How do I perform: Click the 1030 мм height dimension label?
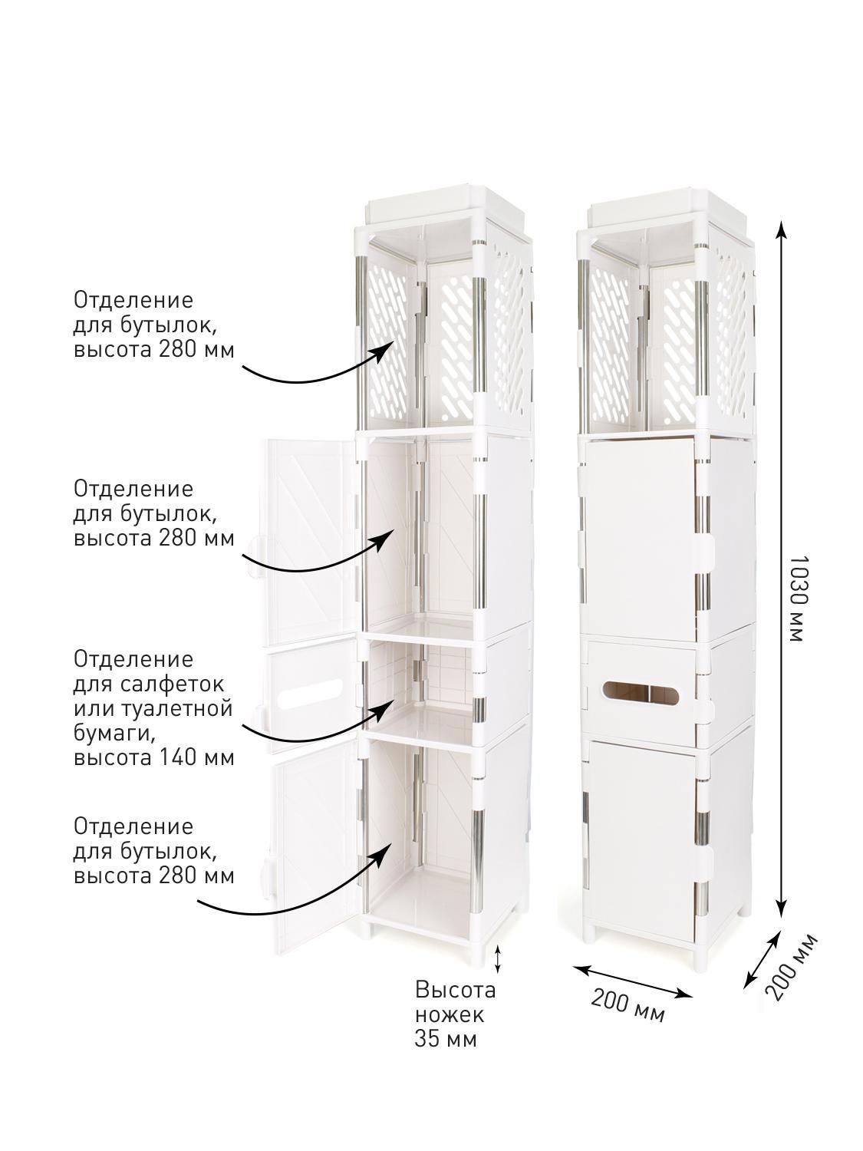[795, 599]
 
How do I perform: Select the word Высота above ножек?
[455, 991]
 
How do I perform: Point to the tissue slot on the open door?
[311, 696]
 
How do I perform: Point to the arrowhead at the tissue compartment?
[385, 705]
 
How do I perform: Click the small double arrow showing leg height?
[498, 959]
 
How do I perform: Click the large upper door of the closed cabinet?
[641, 540]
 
